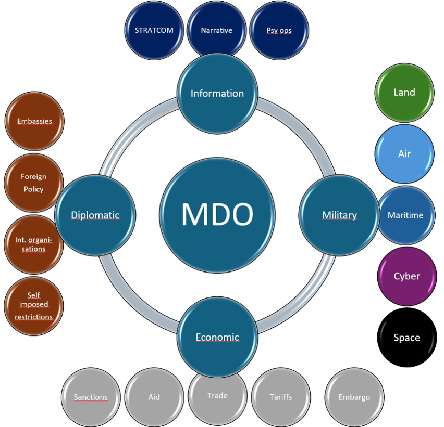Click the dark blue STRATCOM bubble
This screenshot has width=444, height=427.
pos(154,30)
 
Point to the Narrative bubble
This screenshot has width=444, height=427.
pos(217,30)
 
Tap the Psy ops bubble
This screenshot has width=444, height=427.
pos(279,30)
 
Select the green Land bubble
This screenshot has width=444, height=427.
pos(404,93)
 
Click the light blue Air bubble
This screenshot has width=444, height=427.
pos(404,154)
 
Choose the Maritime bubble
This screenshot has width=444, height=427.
pos(405,215)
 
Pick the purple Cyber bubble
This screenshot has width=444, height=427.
pos(406,276)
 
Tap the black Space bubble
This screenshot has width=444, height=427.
pos(406,338)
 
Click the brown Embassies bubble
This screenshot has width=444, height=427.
pos(34,121)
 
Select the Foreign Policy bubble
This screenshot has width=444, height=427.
pos(33,183)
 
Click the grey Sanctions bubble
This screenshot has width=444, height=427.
pos(91,397)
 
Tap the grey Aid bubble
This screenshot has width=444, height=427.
pos(154,397)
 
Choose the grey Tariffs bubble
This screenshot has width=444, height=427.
pos(281,397)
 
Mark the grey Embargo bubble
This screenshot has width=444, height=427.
pos(354,397)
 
